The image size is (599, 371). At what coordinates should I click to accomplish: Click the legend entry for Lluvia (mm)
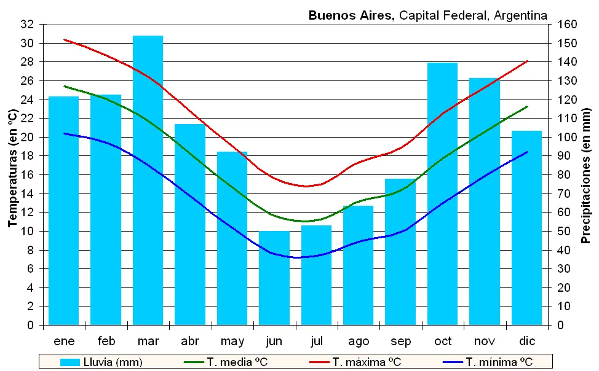point(102,362)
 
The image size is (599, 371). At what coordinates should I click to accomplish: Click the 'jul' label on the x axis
point(316,341)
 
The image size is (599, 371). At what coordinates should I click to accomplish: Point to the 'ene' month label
point(64,341)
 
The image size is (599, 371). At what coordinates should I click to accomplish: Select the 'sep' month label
point(400,341)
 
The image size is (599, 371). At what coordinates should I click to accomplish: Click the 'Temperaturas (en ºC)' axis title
point(12,169)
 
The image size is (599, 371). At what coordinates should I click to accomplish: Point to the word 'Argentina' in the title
point(522,15)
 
